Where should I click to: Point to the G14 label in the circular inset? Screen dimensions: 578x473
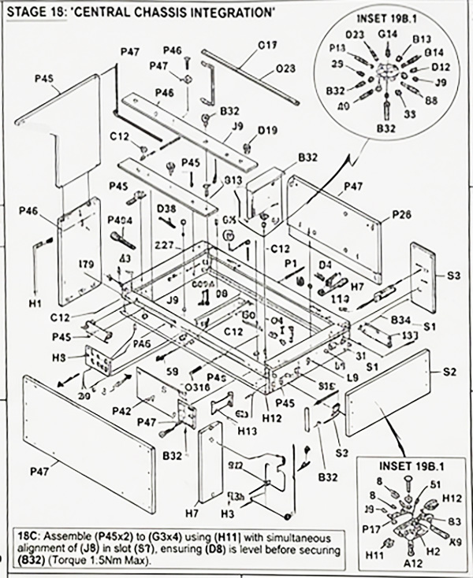[x=387, y=34]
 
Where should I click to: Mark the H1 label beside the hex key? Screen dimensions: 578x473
[x=35, y=302]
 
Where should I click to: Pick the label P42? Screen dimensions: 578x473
[x=121, y=409]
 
